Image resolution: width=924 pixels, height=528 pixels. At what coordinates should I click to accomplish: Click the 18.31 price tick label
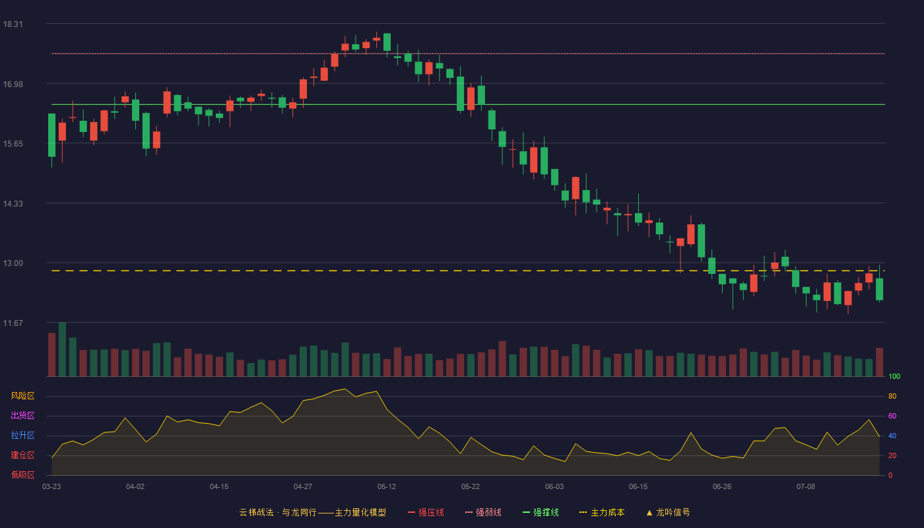pyautogui.click(x=13, y=24)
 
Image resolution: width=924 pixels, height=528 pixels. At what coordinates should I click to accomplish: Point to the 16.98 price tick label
pyautogui.click(x=13, y=84)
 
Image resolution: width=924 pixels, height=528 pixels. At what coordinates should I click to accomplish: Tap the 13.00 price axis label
pyautogui.click(x=13, y=263)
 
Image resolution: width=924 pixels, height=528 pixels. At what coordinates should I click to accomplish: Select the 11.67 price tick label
pyautogui.click(x=13, y=323)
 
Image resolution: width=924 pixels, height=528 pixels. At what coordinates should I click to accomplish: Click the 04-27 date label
pyautogui.click(x=303, y=487)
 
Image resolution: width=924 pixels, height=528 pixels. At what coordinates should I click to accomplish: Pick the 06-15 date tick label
pyautogui.click(x=638, y=487)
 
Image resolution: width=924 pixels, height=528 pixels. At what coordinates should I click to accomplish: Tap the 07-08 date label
pyautogui.click(x=806, y=487)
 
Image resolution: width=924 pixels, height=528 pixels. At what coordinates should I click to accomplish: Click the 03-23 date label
pyautogui.click(x=51, y=487)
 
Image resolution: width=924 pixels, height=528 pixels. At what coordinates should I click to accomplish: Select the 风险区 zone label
pyautogui.click(x=22, y=396)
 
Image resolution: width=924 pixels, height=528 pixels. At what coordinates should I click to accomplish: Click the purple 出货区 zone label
pyautogui.click(x=22, y=415)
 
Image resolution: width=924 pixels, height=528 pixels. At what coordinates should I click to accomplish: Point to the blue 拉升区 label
pyautogui.click(x=22, y=435)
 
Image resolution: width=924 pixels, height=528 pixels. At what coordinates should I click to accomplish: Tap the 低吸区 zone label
pyautogui.click(x=22, y=475)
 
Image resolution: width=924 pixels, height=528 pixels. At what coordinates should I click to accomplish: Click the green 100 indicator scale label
pyautogui.click(x=894, y=376)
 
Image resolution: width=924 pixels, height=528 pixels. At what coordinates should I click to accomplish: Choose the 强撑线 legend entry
pyautogui.click(x=541, y=512)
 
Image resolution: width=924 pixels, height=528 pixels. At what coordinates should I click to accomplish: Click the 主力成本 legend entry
pyautogui.click(x=602, y=512)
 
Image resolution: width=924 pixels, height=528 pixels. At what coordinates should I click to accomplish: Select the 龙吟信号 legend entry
pyautogui.click(x=668, y=512)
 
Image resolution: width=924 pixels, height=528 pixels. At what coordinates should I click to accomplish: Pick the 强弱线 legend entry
pyautogui.click(x=483, y=512)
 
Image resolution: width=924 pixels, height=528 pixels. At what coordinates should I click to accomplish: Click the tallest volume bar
pyautogui.click(x=62, y=349)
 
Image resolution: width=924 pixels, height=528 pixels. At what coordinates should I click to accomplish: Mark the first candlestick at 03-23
pyautogui.click(x=51, y=135)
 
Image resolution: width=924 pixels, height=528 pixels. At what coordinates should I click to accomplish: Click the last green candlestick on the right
pyautogui.click(x=879, y=289)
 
